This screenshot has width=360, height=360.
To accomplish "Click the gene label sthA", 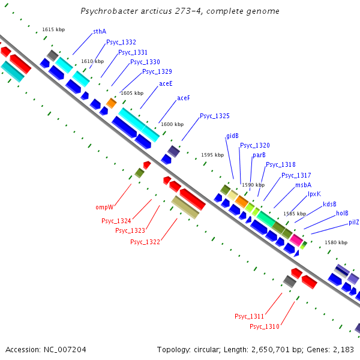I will (100, 31).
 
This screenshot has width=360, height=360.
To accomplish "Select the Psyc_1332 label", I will (121, 43).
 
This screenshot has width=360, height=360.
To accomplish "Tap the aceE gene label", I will (166, 84).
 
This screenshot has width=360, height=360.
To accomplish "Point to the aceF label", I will (184, 98).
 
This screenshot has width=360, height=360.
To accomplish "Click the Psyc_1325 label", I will (215, 116).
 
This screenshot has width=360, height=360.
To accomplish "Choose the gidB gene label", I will (233, 136).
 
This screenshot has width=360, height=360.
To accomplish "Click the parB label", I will (259, 155).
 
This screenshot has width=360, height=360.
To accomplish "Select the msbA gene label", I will (303, 185).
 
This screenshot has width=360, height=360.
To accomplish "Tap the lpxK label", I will (314, 194).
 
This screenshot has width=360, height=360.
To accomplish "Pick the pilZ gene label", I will (354, 223).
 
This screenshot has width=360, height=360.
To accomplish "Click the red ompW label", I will (104, 208).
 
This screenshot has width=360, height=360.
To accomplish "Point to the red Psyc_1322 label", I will (145, 242).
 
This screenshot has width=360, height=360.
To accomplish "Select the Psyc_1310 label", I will (265, 326).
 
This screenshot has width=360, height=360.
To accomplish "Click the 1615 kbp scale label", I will (53, 30).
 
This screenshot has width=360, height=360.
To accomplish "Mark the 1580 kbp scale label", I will (336, 243).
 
